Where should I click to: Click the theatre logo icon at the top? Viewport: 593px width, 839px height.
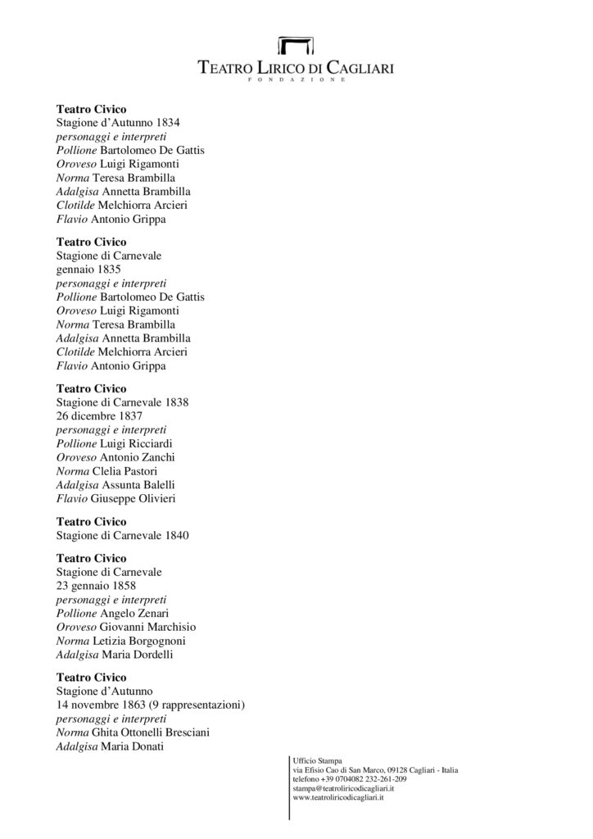[x=296, y=46]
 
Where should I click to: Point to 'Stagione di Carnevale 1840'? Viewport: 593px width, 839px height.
[x=123, y=536]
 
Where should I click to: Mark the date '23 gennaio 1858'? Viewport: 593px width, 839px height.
[x=96, y=587]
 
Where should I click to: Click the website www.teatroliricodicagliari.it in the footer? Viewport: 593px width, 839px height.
[x=338, y=797]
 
